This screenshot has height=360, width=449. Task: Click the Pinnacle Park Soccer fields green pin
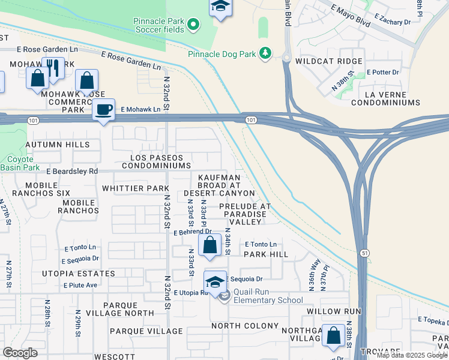click(193, 25)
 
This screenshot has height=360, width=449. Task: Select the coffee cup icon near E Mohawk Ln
click(104, 110)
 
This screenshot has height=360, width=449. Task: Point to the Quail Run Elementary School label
click(268, 296)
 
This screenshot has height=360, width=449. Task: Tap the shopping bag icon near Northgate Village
click(333, 336)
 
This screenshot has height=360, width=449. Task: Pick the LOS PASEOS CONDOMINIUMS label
click(161, 161)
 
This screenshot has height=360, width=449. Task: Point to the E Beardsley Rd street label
click(72, 171)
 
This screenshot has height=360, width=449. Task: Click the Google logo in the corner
click(20, 352)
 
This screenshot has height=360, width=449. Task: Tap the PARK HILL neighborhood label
click(266, 254)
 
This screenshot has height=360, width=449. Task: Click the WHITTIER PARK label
click(135, 188)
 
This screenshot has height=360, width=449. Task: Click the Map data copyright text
click(412, 355)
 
